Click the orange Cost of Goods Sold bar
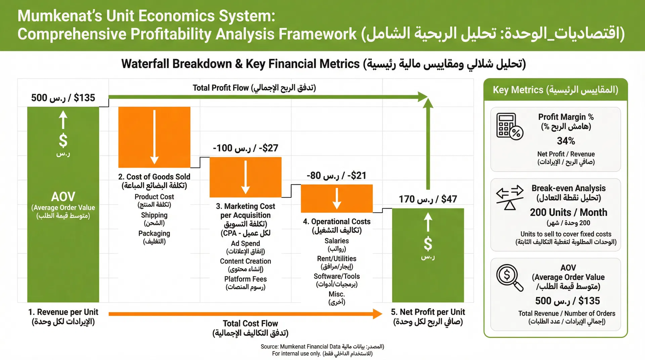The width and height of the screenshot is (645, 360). (154, 137)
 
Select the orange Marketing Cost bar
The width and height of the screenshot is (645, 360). (245, 177)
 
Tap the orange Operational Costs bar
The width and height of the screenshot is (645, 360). (337, 198)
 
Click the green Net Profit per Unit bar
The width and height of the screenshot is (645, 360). (428, 255)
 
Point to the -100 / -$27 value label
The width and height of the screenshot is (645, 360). (245, 148)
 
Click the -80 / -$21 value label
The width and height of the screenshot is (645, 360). (336, 176)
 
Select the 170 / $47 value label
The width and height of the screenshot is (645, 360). (428, 199)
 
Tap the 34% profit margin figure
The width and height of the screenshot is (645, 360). (566, 141)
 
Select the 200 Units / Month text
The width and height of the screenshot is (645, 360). (568, 213)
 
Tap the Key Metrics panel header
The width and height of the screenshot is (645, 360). (555, 90)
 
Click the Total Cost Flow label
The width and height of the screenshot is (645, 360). (250, 324)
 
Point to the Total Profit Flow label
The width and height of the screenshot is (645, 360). (254, 88)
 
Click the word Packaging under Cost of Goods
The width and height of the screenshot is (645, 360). (154, 233)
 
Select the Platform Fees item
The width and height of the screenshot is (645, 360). (245, 279)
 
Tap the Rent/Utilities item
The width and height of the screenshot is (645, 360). (337, 259)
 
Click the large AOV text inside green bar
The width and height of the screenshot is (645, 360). (63, 196)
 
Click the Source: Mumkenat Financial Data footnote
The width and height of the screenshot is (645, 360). (322, 347)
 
